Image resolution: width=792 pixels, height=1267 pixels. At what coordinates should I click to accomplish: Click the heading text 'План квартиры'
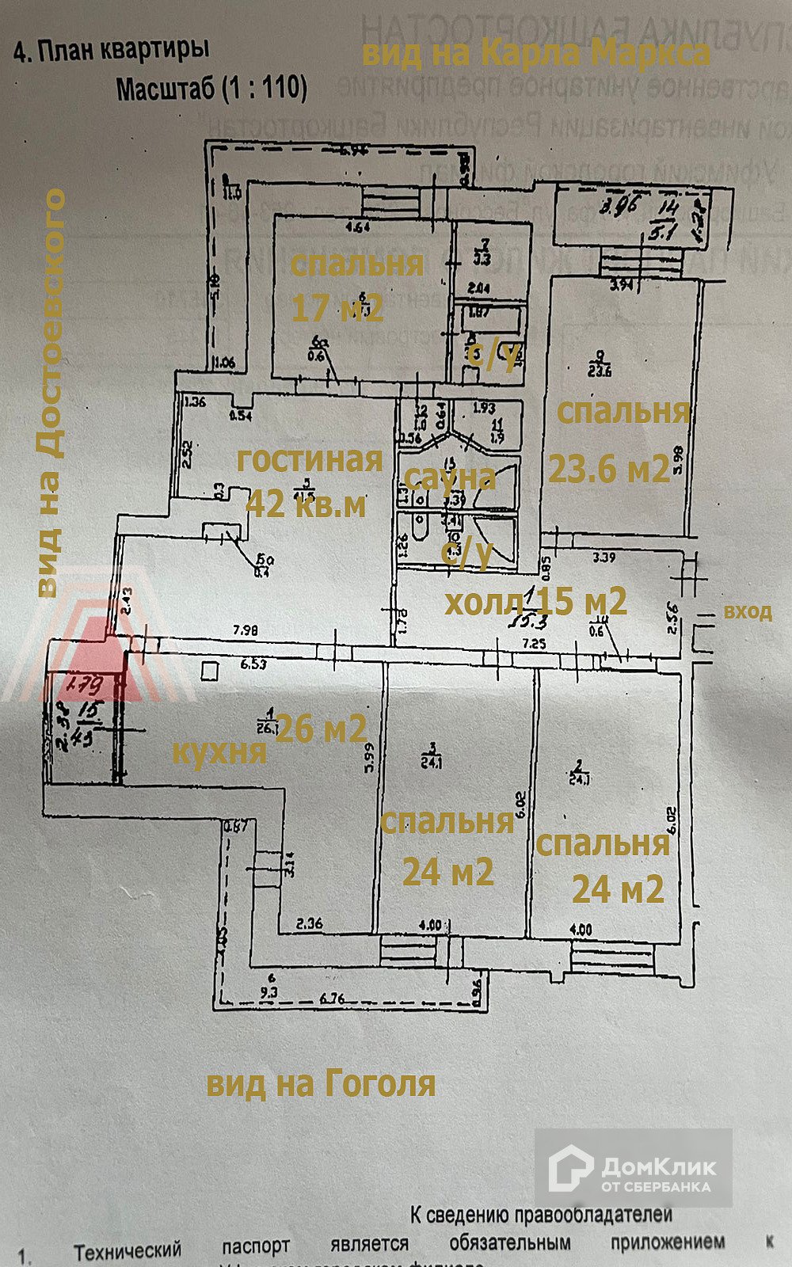click(124, 51)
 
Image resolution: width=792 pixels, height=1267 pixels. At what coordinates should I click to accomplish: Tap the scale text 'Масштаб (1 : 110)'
click(211, 88)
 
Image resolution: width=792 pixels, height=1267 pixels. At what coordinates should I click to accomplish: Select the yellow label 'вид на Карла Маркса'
click(535, 53)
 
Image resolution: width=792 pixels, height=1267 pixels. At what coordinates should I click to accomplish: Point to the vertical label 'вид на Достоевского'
click(50, 392)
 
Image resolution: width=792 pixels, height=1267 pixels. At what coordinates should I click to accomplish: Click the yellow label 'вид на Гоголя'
click(321, 1083)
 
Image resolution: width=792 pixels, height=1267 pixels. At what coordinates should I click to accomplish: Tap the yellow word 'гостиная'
click(310, 459)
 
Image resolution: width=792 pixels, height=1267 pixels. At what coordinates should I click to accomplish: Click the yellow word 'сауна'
click(450, 477)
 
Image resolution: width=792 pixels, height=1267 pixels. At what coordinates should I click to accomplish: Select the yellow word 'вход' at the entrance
click(748, 611)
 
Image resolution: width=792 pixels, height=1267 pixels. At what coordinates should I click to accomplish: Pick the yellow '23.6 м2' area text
click(609, 469)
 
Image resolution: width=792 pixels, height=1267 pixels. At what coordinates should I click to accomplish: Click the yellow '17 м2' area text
click(337, 307)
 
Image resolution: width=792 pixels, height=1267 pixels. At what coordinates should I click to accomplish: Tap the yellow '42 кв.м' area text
click(306, 504)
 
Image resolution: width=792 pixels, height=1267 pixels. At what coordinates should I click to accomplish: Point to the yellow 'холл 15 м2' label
click(535, 603)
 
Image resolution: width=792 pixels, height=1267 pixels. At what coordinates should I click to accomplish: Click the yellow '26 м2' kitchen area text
click(321, 729)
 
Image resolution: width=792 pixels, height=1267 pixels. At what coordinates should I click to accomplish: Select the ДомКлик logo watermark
click(633, 1168)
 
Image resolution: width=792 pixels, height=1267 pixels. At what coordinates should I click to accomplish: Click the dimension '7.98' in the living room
click(246, 630)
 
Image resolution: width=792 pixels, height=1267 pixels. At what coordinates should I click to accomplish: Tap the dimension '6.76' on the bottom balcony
click(332, 999)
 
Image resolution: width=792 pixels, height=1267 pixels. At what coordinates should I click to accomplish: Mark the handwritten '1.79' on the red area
click(84, 683)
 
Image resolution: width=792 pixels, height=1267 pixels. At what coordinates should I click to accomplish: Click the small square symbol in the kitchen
click(210, 672)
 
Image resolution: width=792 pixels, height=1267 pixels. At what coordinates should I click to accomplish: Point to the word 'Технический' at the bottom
click(128, 1251)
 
